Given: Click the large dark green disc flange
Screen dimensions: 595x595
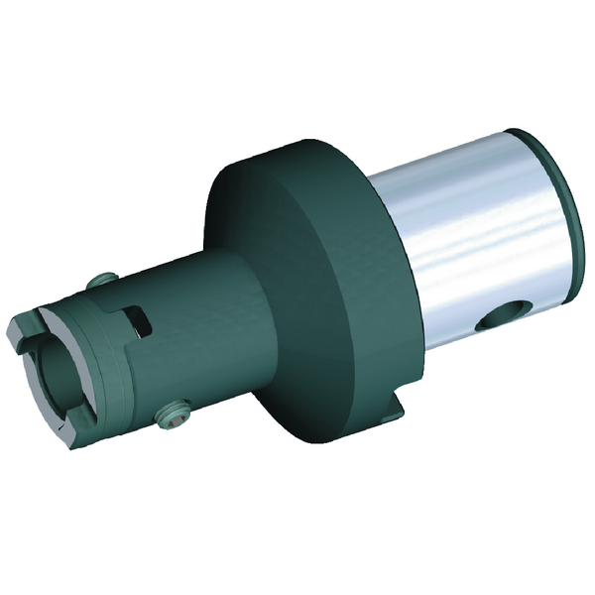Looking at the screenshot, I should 297,297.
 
